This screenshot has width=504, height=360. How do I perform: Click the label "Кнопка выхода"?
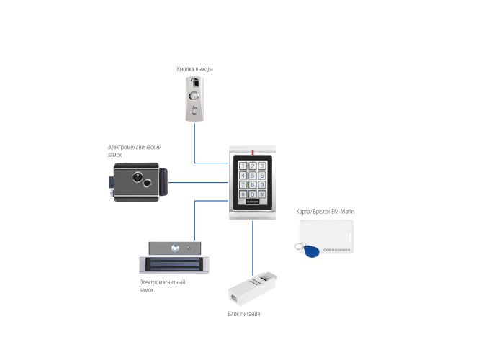[x=194, y=69]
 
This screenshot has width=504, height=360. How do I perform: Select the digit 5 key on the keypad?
[x=252, y=175]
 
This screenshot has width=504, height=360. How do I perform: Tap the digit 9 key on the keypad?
[x=261, y=184]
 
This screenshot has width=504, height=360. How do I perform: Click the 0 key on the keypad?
[x=252, y=194]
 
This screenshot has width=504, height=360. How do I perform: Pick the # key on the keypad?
[x=261, y=194]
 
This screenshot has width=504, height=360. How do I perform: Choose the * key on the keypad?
[x=243, y=194]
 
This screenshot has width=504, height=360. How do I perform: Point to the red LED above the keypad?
[x=253, y=152]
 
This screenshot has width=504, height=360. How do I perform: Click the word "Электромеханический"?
[x=135, y=147]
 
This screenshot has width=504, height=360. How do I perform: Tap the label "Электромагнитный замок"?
[x=162, y=286]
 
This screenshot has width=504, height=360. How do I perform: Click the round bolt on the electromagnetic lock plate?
[x=174, y=248]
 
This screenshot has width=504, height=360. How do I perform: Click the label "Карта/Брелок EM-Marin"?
[x=325, y=212]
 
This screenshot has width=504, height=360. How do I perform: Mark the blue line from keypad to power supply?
[x=253, y=245]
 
